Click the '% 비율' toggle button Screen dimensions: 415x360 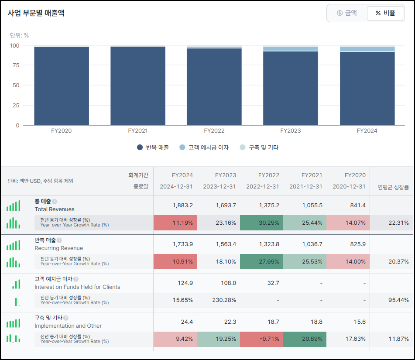click(x=385, y=13)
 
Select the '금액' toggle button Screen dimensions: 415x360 click(x=347, y=13)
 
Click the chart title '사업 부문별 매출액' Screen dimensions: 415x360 click(x=36, y=13)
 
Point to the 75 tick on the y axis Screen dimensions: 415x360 click(x=16, y=65)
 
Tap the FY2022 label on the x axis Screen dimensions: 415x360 click(x=214, y=131)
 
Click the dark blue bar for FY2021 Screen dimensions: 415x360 click(x=138, y=86)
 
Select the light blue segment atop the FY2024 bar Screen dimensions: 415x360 click(x=367, y=49)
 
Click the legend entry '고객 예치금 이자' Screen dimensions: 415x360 click(x=204, y=147)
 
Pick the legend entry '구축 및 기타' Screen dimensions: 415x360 click(x=259, y=147)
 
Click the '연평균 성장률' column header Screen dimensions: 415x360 click(x=393, y=187)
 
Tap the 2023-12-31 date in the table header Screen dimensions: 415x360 click(x=220, y=187)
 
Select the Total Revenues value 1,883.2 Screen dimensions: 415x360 click(x=182, y=206)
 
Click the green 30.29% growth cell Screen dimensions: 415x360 click(x=261, y=223)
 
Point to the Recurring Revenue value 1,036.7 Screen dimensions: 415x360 click(x=312, y=244)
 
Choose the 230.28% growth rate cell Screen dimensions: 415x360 click(x=224, y=300)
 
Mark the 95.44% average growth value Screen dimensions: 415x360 click(x=398, y=300)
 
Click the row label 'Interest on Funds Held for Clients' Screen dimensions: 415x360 click(x=77, y=287)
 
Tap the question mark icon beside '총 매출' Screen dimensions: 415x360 click(x=55, y=202)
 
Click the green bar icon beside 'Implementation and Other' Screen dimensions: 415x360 click(x=13, y=323)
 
